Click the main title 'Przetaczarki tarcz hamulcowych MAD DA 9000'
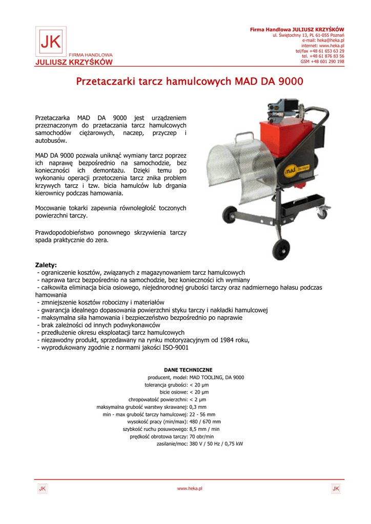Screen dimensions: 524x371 click(190, 81)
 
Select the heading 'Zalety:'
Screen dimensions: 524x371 click(46, 265)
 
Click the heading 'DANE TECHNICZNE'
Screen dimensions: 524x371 click(188, 369)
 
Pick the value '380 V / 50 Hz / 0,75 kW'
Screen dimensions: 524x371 click(216, 444)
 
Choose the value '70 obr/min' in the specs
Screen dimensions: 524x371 click(202, 436)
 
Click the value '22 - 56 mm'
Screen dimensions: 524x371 click(202, 414)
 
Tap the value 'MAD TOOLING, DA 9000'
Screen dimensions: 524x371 click(217, 377)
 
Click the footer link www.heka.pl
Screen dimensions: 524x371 click(190, 489)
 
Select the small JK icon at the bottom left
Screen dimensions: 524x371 click(43, 489)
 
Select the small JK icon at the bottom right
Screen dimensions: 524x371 click(336, 489)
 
